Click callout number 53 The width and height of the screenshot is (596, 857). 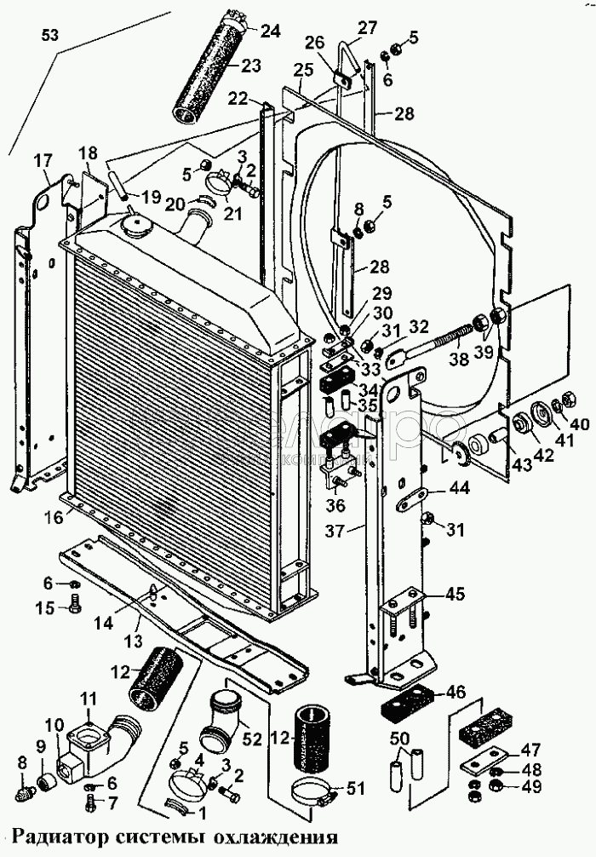51,35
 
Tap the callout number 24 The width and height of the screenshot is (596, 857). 270,32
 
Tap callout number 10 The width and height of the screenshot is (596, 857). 54,726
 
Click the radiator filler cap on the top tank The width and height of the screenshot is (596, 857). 135,226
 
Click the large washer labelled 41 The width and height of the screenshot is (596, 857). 538,417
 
